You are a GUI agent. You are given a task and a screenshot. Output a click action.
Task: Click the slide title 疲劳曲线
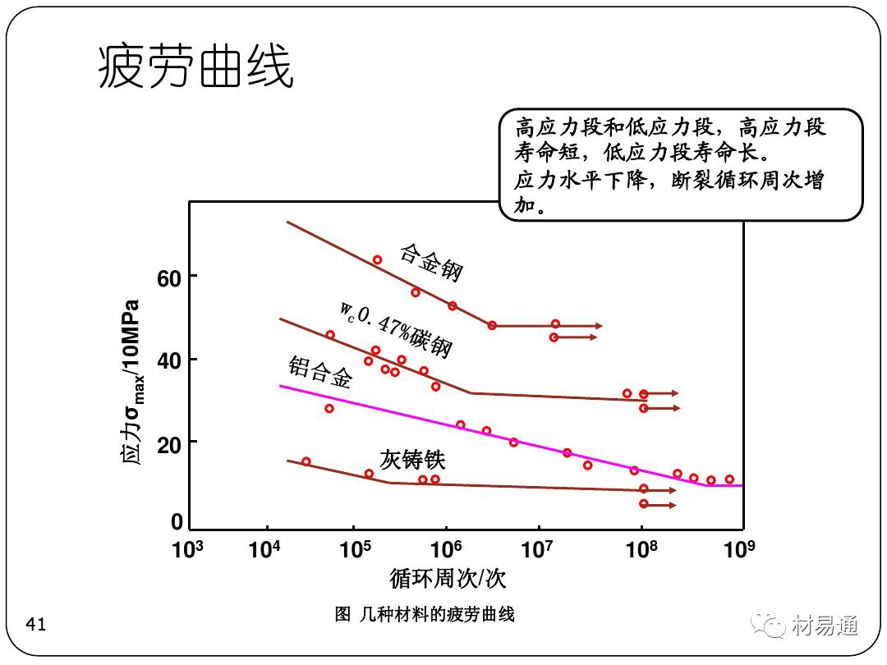195,67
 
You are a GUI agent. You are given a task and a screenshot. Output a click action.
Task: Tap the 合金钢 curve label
432,262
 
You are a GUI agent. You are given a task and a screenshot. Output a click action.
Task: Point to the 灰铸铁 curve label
412,458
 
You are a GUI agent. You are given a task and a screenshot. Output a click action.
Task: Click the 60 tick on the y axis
169,278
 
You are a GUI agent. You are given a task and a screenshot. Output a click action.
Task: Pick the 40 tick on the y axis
169,360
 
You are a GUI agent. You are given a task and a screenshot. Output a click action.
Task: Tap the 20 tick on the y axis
169,443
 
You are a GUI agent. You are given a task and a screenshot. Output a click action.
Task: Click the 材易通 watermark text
825,626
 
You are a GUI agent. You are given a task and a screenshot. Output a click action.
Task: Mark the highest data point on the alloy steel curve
377,260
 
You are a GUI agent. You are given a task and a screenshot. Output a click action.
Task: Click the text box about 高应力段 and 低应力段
681,164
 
